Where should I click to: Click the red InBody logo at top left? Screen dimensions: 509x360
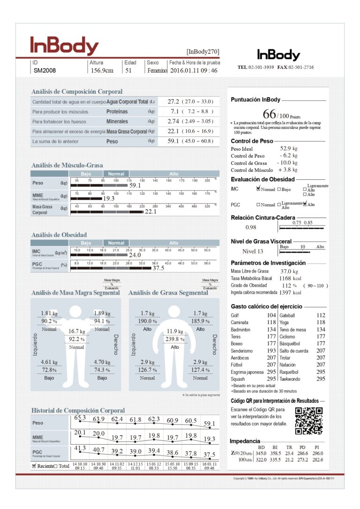(x=64, y=46)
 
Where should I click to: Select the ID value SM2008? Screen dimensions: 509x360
(x=45, y=71)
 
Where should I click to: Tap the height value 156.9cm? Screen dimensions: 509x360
(x=102, y=71)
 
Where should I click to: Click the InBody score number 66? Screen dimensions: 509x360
(x=269, y=114)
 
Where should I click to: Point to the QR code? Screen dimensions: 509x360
(x=309, y=421)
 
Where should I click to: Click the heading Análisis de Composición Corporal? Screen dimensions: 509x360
(x=77, y=92)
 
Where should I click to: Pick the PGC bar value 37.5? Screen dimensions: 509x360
(x=158, y=268)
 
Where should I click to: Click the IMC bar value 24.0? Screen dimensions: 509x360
(x=135, y=255)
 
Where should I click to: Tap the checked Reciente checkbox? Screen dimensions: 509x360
(x=34, y=466)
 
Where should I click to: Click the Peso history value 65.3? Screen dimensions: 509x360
(x=80, y=418)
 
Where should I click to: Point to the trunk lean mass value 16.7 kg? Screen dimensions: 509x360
(x=76, y=331)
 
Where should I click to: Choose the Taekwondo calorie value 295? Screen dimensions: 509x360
(x=321, y=379)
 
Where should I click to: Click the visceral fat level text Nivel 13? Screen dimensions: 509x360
(x=253, y=251)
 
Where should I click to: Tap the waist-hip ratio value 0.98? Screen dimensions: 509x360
(x=251, y=227)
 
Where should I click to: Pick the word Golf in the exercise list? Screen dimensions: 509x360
(x=235, y=316)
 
